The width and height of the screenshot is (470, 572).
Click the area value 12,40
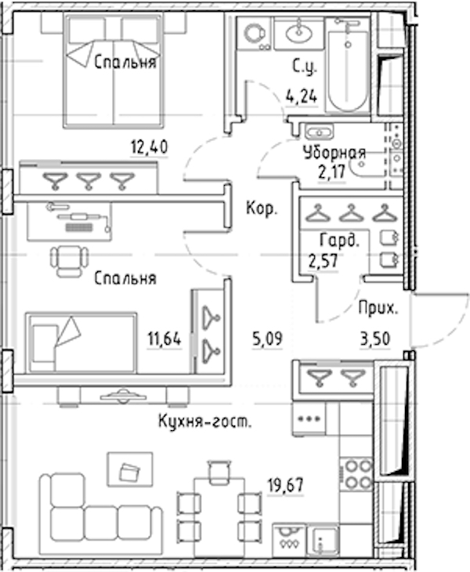pos(149,147)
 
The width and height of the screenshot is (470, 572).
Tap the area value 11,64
pos(164,339)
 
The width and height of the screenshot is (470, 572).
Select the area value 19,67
pos(285,486)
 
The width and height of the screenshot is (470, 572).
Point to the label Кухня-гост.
pos(204,422)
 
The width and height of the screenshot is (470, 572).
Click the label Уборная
pos(334,154)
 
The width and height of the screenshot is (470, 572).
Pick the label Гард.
pos(339,241)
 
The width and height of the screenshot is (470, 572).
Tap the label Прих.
pos(378,309)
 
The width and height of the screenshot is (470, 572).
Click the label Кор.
pos(262,208)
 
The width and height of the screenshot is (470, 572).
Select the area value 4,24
pos(301,97)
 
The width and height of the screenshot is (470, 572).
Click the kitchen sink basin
pos(323,540)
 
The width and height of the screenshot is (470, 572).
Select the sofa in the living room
pos(101,514)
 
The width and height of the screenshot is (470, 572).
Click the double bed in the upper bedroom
pos(113,71)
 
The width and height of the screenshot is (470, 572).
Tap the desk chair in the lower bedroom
pos(69,261)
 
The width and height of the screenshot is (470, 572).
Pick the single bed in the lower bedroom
pos(81,342)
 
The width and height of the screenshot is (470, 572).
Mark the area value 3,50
pos(375,339)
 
